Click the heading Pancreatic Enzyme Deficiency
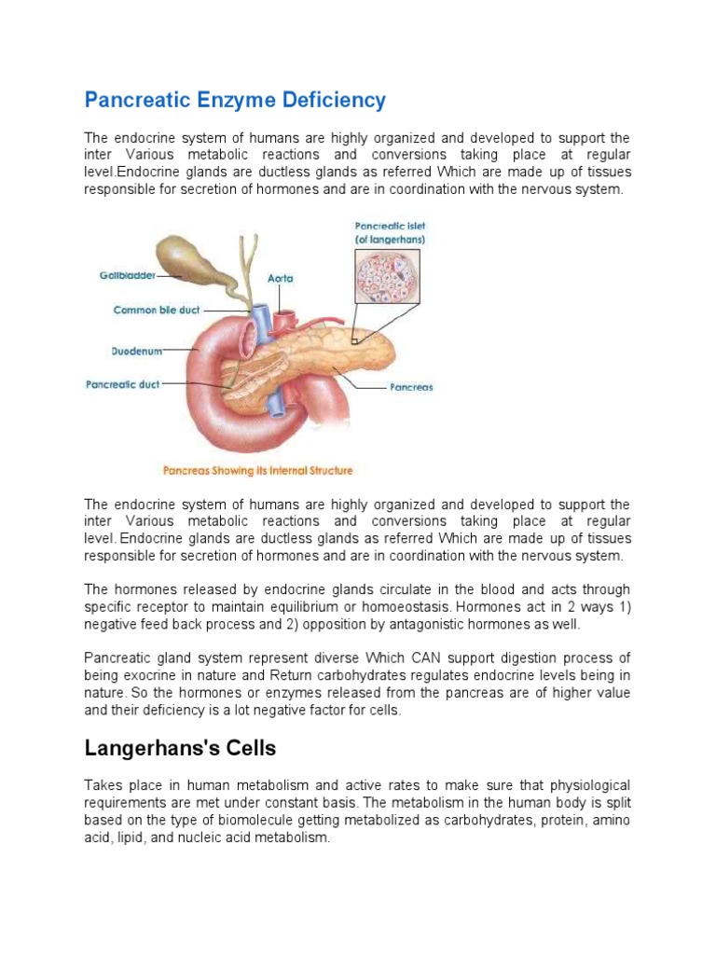tap(235, 100)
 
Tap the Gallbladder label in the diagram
tap(128, 275)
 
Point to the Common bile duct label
tap(157, 310)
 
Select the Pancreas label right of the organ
tap(411, 387)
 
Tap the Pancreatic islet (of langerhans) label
tap(390, 232)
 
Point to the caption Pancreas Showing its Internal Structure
tap(258, 470)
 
